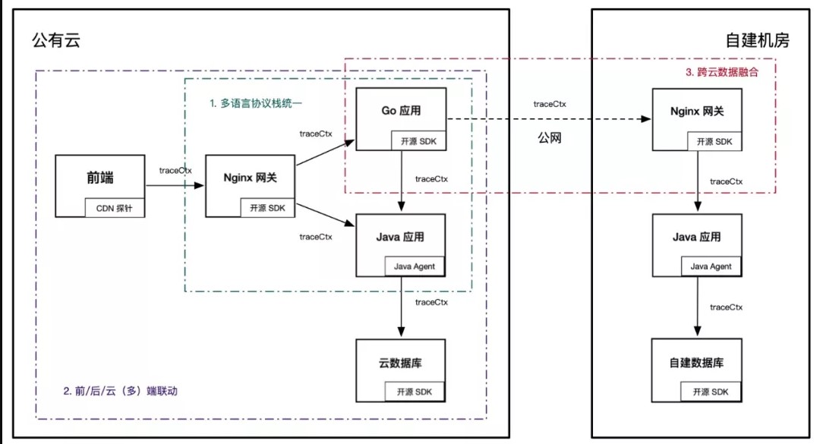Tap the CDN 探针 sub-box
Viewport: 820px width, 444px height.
click(x=115, y=208)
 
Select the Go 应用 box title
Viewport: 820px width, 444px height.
click(x=401, y=111)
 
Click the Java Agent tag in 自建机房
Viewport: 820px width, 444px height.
click(x=711, y=266)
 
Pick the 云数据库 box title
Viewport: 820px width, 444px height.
click(x=401, y=363)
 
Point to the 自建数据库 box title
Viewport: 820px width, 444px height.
click(x=697, y=363)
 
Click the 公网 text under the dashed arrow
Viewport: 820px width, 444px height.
click(x=550, y=138)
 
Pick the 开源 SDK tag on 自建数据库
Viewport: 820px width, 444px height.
click(x=711, y=392)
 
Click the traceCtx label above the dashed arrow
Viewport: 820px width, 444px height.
click(x=550, y=104)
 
